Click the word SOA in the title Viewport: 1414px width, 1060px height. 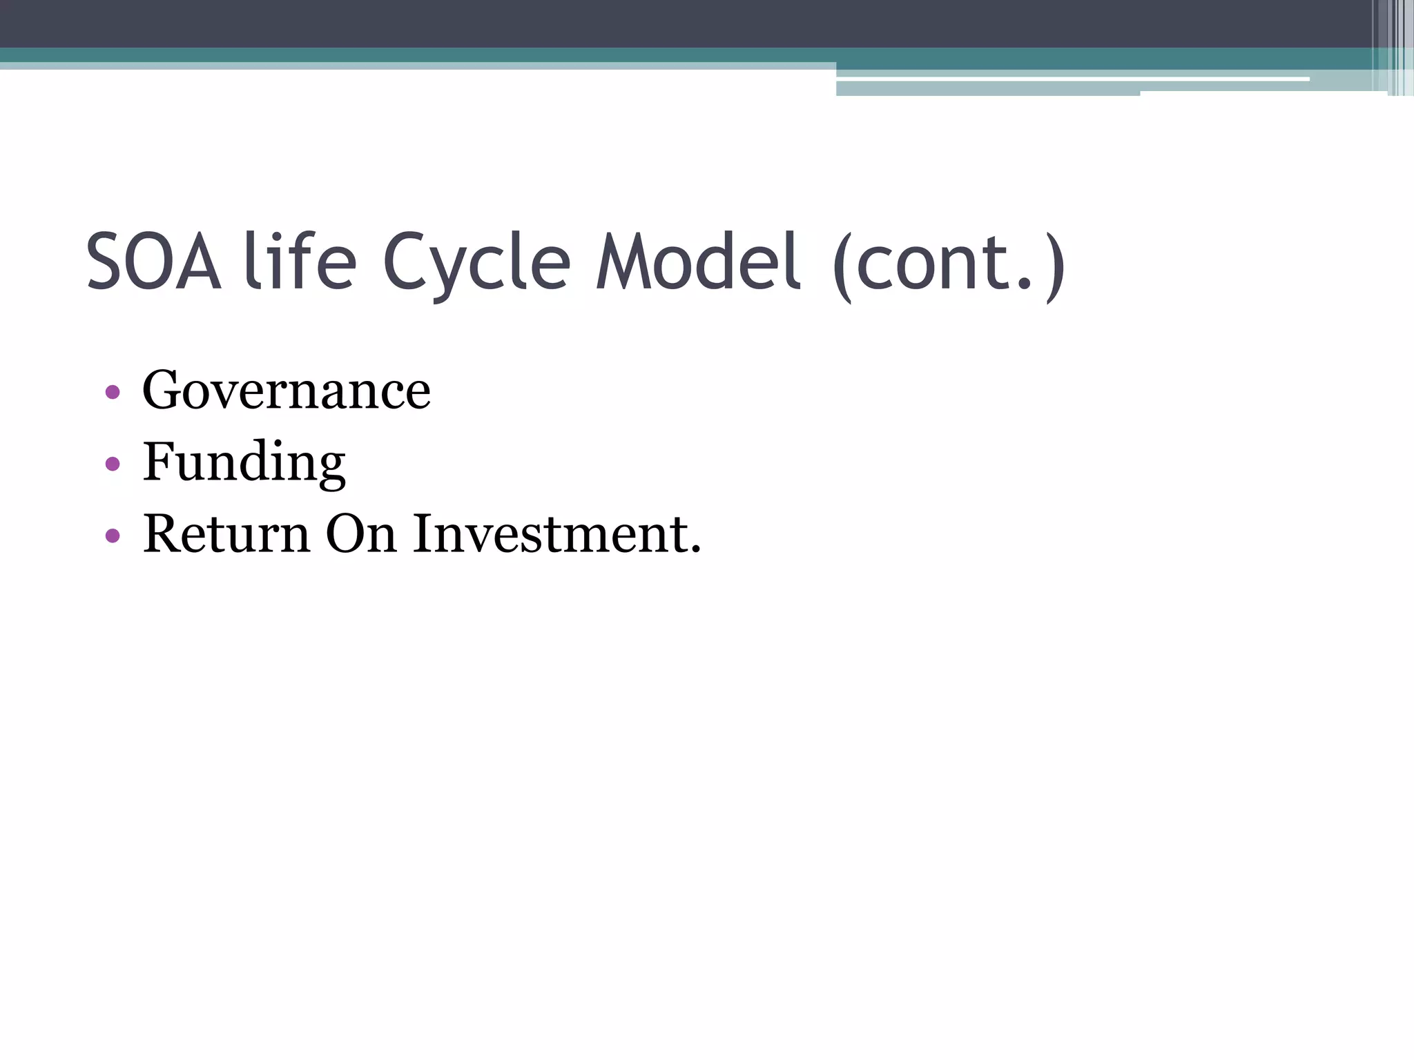point(154,263)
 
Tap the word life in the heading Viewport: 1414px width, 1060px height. point(300,263)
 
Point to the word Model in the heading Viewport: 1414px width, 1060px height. point(697,263)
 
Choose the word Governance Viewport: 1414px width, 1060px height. point(287,391)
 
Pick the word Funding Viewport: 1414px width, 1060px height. point(244,463)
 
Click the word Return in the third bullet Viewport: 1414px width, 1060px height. point(226,534)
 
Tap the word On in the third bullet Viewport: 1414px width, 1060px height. point(361,534)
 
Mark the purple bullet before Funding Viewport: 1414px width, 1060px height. point(113,464)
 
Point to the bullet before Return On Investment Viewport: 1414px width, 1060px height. point(113,536)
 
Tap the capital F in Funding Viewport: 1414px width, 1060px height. point(156,462)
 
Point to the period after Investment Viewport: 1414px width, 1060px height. point(695,551)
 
